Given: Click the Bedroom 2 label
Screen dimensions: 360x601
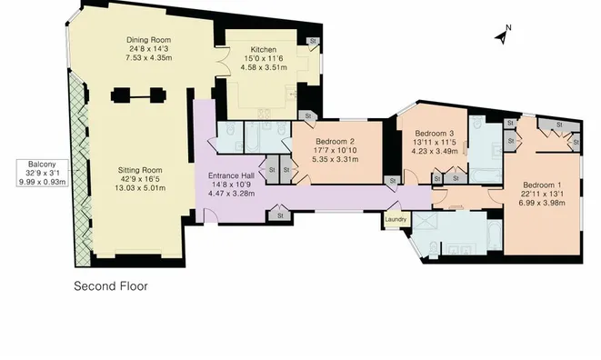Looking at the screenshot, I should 335,141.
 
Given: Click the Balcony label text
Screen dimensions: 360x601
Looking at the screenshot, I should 36,165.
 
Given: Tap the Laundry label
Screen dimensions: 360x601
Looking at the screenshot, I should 395,219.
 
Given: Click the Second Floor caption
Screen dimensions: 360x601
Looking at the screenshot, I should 110,285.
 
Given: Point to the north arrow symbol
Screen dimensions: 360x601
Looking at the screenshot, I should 500,36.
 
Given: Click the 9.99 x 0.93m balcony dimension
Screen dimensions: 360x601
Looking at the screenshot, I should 36,183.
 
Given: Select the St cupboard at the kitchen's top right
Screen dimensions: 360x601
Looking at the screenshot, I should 313,41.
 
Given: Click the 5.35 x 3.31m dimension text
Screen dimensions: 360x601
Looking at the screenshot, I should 335,159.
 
